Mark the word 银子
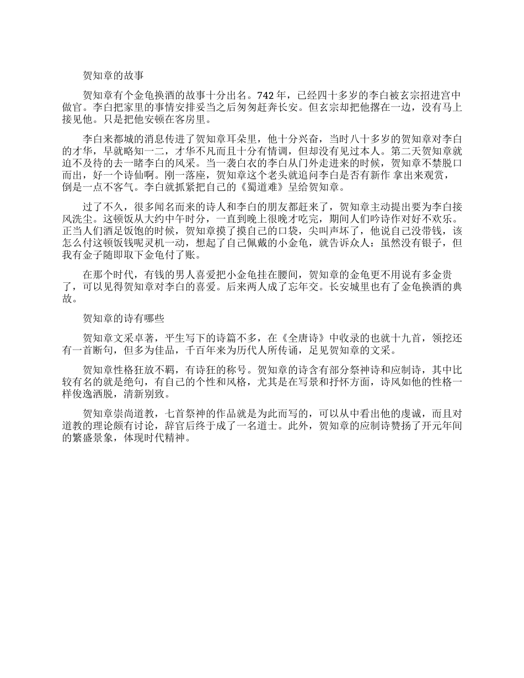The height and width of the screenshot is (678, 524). point(434,244)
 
